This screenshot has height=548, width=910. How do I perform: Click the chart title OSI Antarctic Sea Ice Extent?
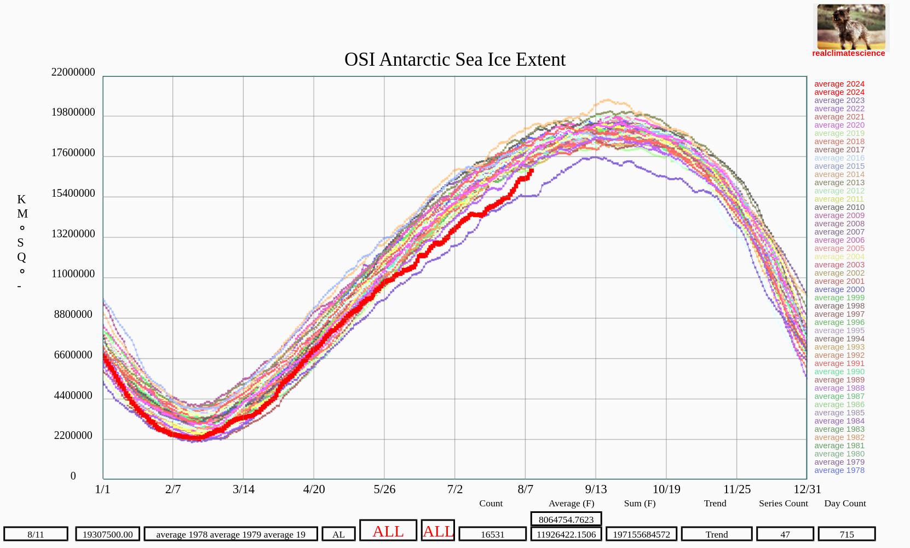pyautogui.click(x=454, y=59)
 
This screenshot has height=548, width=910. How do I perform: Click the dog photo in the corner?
pyautogui.click(x=851, y=27)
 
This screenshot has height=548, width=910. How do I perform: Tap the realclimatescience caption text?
pyautogui.click(x=848, y=53)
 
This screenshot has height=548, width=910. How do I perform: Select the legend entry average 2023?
pyautogui.click(x=839, y=100)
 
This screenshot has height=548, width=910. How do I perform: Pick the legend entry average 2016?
pyautogui.click(x=839, y=158)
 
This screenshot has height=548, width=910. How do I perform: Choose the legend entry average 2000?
pyautogui.click(x=839, y=289)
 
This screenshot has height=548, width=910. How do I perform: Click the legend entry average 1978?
pyautogui.click(x=839, y=470)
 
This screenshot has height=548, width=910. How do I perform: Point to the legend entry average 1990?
pyautogui.click(x=839, y=372)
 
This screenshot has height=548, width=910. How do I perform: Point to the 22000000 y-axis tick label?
pyautogui.click(x=73, y=72)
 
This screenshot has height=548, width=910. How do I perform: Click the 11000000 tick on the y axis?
pyautogui.click(x=73, y=274)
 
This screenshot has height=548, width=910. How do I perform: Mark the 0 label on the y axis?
pyautogui.click(x=73, y=476)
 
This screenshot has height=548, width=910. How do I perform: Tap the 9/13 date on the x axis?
pyautogui.click(x=596, y=489)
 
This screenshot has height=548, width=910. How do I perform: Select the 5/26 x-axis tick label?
pyautogui.click(x=384, y=489)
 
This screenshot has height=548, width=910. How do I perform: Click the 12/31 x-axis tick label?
pyautogui.click(x=807, y=489)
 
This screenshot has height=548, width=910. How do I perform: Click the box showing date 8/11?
pyautogui.click(x=36, y=534)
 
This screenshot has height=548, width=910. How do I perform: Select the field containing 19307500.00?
pyautogui.click(x=107, y=534)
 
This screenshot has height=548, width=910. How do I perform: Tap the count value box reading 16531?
pyautogui.click(x=492, y=534)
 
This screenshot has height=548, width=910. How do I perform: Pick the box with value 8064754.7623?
pyautogui.click(x=566, y=520)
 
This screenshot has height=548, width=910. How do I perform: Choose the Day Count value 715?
pyautogui.click(x=846, y=534)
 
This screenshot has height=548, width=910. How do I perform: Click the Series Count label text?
pyautogui.click(x=783, y=504)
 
